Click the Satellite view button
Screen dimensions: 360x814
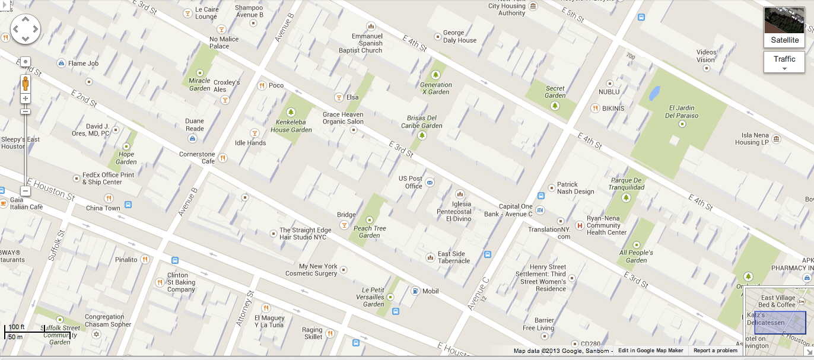click(784, 27)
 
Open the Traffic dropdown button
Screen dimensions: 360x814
click(784, 62)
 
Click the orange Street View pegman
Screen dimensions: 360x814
click(26, 83)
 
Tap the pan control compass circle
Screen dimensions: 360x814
click(26, 28)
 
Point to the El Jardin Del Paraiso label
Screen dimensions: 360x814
click(681, 111)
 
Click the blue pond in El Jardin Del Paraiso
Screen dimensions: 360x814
click(654, 93)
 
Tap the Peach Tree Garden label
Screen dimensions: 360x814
click(370, 232)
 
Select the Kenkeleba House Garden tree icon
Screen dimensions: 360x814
click(291, 112)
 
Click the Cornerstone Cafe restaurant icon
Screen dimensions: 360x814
click(222, 158)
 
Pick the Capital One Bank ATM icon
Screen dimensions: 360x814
click(540, 210)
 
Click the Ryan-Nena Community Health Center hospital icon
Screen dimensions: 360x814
click(580, 225)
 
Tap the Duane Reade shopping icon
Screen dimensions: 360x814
click(192, 138)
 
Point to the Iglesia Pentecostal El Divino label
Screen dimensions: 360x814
click(454, 212)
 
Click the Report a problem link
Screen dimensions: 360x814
click(715, 351)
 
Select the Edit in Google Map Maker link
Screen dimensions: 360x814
click(650, 351)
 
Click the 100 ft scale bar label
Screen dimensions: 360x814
click(17, 327)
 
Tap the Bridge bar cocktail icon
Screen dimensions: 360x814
click(344, 225)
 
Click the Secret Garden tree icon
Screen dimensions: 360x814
click(555, 106)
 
